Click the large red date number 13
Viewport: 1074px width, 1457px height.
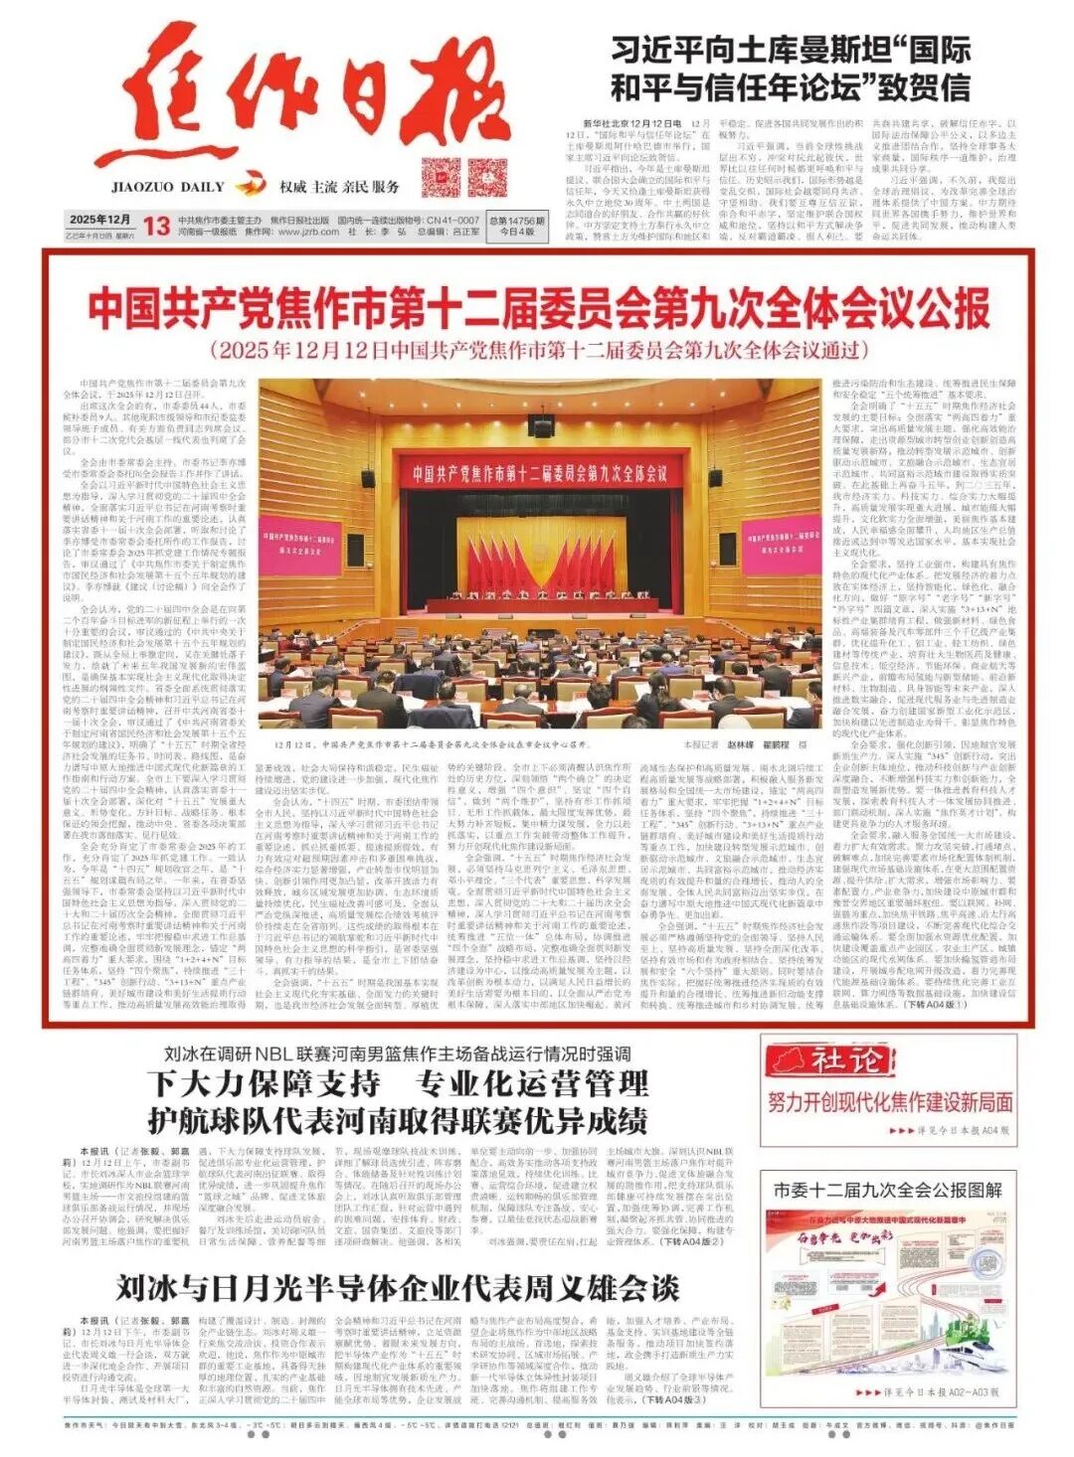(x=156, y=226)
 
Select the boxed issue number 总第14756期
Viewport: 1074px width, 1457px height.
(x=517, y=220)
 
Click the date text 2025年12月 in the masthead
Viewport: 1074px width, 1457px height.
(x=100, y=219)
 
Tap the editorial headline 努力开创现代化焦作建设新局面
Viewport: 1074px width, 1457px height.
(x=890, y=1101)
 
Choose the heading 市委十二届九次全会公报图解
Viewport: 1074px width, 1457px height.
(x=888, y=1189)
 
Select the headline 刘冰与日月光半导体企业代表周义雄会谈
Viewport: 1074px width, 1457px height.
(x=397, y=1289)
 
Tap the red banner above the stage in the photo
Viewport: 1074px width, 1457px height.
(x=539, y=472)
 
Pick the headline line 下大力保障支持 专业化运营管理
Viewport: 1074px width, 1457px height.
(x=397, y=1083)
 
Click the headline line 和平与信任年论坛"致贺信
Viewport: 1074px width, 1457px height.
(x=790, y=87)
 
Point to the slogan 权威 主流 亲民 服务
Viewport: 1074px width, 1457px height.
(x=340, y=186)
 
